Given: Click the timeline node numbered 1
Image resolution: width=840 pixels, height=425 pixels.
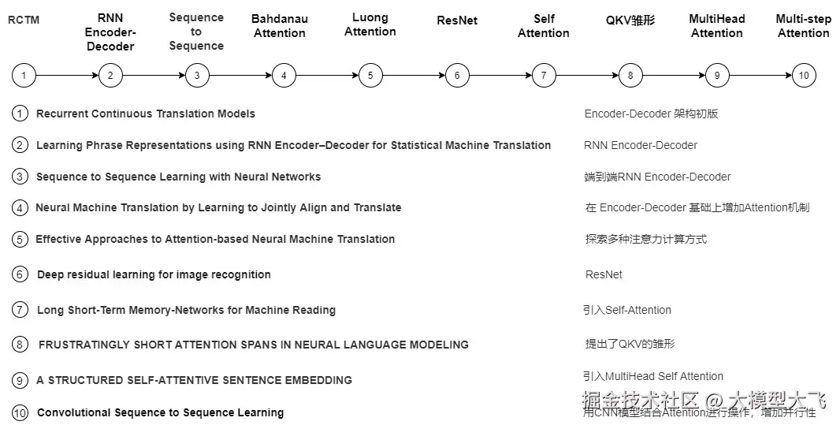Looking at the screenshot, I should coord(24,76).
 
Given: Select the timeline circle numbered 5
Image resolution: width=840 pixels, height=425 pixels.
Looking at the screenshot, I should coord(370,76).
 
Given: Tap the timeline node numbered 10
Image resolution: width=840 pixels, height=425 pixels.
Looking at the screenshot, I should coord(804,76).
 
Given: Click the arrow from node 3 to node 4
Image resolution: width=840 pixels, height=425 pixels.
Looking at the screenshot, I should coord(240,76).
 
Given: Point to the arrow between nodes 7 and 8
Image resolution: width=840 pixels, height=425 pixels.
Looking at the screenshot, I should coord(587,76).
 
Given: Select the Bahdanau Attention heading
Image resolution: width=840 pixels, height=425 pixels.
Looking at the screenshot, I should coord(280,26).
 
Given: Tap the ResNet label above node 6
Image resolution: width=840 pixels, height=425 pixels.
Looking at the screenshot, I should coord(457,20).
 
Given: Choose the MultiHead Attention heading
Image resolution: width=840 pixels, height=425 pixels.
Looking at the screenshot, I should coord(717,26).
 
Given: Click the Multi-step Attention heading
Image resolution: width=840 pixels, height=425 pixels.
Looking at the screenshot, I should coord(804,26).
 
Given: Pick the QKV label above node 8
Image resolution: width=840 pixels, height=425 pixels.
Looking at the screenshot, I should coord(630,20).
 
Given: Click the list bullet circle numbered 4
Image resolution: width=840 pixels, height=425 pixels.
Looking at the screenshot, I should coord(20,208).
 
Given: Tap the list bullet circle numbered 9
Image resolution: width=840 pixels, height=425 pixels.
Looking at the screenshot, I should coord(20,380).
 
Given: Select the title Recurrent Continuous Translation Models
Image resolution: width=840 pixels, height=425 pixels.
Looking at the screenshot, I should coord(146,114).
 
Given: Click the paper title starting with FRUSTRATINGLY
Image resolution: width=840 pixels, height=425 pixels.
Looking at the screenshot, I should coord(253,345).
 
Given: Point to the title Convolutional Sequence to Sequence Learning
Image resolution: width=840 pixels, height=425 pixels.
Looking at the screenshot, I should coord(160,412).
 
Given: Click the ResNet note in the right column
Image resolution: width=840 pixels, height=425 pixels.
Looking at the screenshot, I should coord(604,274).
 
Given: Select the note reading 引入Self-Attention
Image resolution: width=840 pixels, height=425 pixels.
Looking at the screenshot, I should coord(627,310).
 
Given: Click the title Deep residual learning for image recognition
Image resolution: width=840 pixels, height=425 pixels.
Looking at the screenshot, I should coord(154,274).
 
